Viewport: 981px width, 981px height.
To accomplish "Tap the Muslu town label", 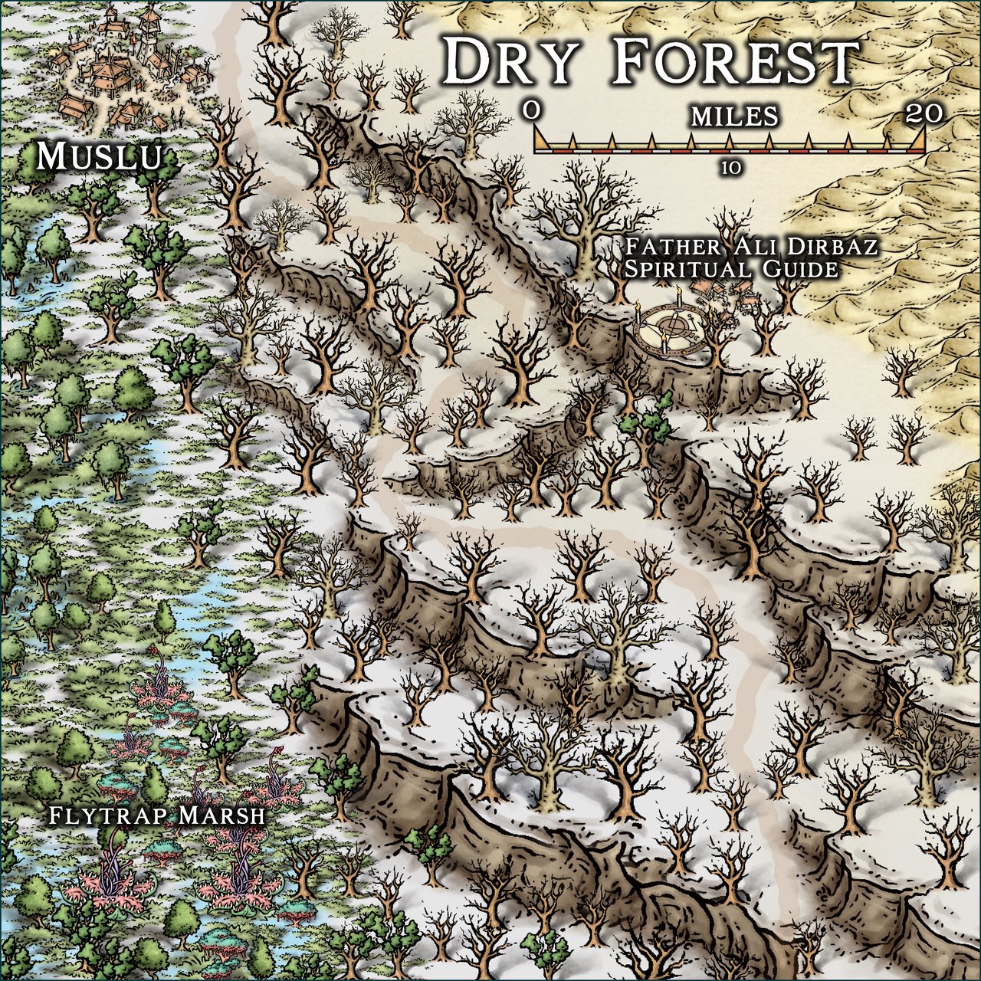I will [100, 157].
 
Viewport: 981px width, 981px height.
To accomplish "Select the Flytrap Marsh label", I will [156, 815].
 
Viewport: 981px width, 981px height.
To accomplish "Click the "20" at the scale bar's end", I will [923, 113].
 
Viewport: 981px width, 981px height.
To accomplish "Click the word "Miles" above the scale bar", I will [734, 116].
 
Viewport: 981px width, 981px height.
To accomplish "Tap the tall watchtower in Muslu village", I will [148, 31].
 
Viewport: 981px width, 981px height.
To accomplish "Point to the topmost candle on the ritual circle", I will [678, 295].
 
